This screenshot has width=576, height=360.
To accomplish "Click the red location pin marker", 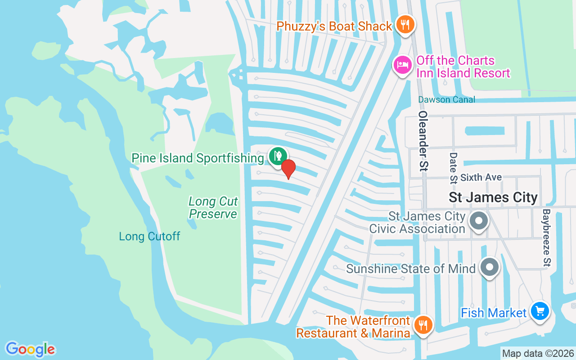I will (x=288, y=169).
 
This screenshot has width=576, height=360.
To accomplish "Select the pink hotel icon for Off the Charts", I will (x=402, y=65).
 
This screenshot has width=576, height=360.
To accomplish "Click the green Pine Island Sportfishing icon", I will (x=278, y=156).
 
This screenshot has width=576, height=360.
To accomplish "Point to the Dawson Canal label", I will (x=446, y=99).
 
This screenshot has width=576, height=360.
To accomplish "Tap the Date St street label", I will (x=453, y=168).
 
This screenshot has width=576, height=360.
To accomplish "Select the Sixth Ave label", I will (x=481, y=177).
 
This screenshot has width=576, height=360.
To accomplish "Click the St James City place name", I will (x=493, y=197).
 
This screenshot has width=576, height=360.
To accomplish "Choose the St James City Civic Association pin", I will (x=479, y=221).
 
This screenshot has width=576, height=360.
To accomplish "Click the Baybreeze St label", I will (x=547, y=238).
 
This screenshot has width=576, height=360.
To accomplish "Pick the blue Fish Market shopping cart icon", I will (x=540, y=311).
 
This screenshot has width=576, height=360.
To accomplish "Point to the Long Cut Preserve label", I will (x=213, y=207).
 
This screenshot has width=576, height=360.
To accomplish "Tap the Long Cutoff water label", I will (x=149, y=236).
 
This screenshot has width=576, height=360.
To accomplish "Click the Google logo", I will (x=30, y=349).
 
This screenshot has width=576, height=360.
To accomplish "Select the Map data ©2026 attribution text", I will (x=538, y=353).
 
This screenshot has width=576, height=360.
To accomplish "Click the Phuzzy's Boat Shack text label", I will (x=334, y=26).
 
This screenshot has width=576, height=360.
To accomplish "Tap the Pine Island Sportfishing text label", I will (x=198, y=158).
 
